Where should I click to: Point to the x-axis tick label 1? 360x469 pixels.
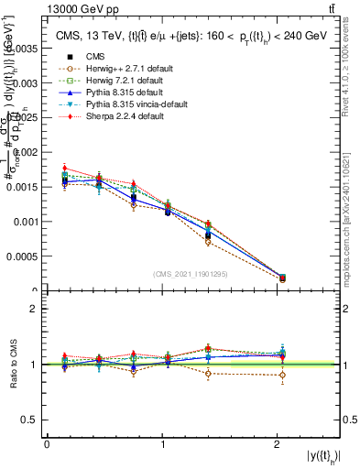162,444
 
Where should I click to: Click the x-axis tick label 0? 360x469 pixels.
47,444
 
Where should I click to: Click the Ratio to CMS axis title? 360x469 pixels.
12,365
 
